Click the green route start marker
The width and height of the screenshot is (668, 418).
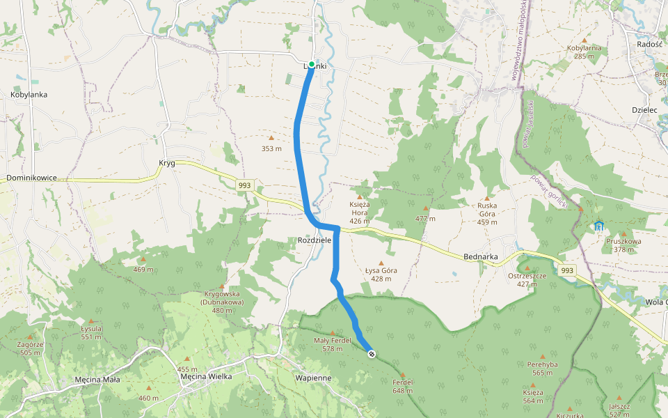312,64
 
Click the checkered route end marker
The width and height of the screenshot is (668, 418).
372,354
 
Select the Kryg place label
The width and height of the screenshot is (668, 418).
166,163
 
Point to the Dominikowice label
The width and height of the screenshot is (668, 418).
31,178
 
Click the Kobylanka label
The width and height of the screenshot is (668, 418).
29,94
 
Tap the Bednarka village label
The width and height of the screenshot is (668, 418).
480,256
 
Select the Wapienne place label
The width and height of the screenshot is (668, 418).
312,378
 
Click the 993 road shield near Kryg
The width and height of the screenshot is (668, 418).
244,185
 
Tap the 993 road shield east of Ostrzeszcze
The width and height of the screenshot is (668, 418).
568,270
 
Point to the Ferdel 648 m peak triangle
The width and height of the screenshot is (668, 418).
403,374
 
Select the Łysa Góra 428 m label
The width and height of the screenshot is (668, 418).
381,274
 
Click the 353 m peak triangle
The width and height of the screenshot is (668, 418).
271,138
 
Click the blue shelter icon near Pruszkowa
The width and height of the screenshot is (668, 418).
599,226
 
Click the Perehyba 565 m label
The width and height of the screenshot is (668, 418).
543,368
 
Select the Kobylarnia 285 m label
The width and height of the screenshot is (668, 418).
584,52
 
